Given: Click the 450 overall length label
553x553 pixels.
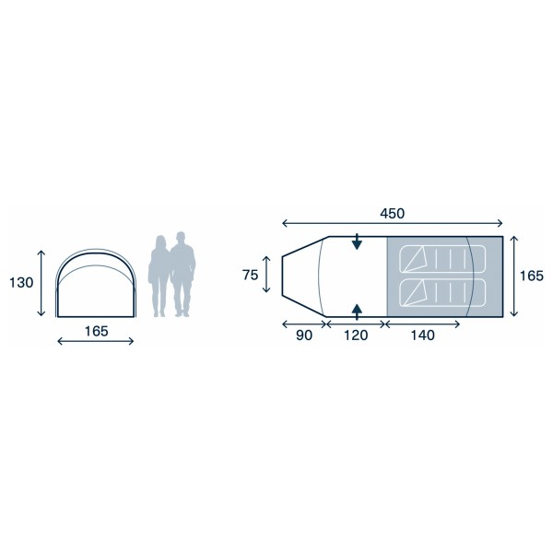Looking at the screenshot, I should tap(392, 213).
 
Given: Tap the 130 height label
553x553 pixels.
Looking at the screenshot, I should tap(20, 283).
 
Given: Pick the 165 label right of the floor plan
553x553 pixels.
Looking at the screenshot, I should tap(531, 276).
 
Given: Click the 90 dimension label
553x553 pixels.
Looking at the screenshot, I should tap(303, 335).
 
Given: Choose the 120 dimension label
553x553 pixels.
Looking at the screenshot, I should tap(355, 335).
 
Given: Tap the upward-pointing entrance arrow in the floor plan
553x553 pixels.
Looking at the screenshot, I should tap(357, 307).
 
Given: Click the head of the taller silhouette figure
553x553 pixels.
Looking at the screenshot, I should tap(182, 238).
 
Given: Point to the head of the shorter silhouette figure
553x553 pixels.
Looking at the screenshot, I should tap(161, 241).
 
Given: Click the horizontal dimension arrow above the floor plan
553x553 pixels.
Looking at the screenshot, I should tap(392, 224).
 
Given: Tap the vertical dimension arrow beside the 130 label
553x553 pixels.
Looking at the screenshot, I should tap(42, 283).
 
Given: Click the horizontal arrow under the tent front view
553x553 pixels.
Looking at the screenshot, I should tap(96, 342).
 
